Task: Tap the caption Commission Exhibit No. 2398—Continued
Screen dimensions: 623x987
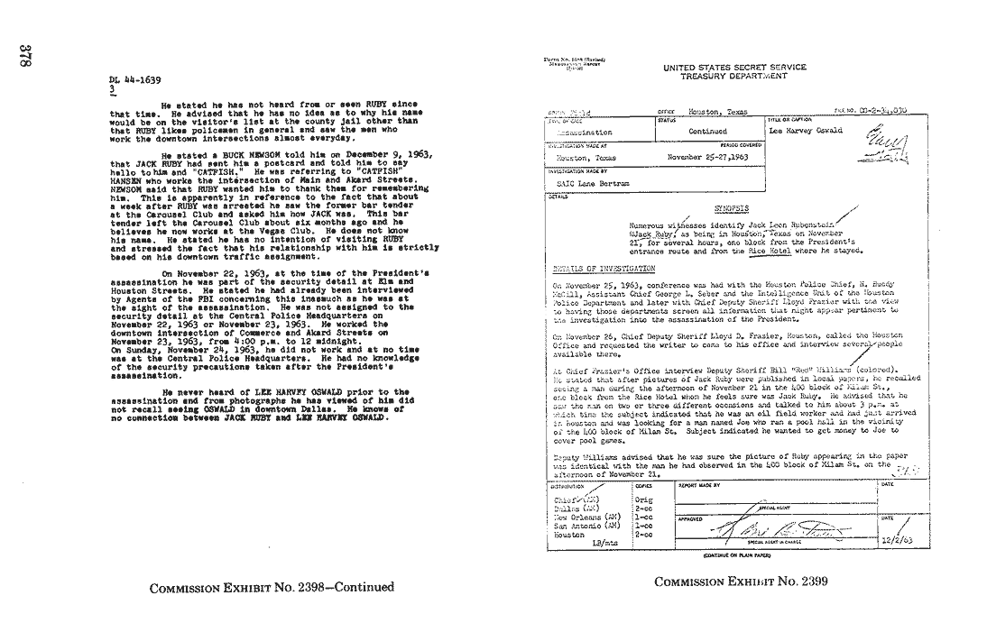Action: tap(272, 587)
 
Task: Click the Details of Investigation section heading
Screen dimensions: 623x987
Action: tap(604, 269)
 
